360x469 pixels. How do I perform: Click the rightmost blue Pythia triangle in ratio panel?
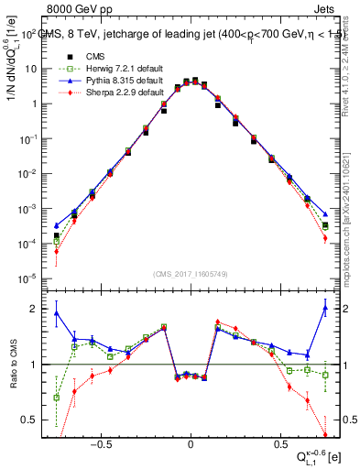[325, 309]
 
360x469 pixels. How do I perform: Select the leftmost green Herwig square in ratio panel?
[56, 398]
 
